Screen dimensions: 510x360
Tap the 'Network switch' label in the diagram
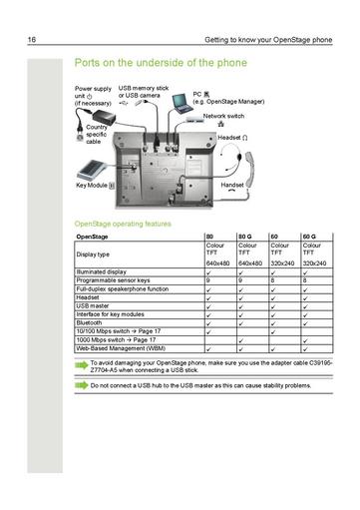click(x=224, y=116)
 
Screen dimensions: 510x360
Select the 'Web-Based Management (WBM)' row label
click(x=123, y=348)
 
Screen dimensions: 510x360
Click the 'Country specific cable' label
click(x=97, y=135)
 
